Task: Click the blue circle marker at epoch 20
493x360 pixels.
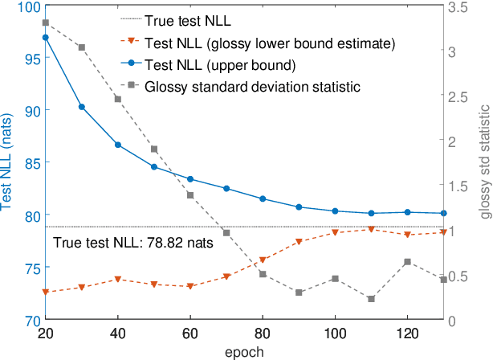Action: [45, 37]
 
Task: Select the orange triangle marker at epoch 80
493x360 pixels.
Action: [263, 260]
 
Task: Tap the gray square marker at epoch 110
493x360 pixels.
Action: [371, 299]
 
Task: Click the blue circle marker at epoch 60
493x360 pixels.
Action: [190, 179]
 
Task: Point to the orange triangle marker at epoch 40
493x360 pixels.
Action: [118, 279]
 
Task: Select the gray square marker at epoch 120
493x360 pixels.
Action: [407, 262]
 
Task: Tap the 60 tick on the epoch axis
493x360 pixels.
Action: [190, 333]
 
